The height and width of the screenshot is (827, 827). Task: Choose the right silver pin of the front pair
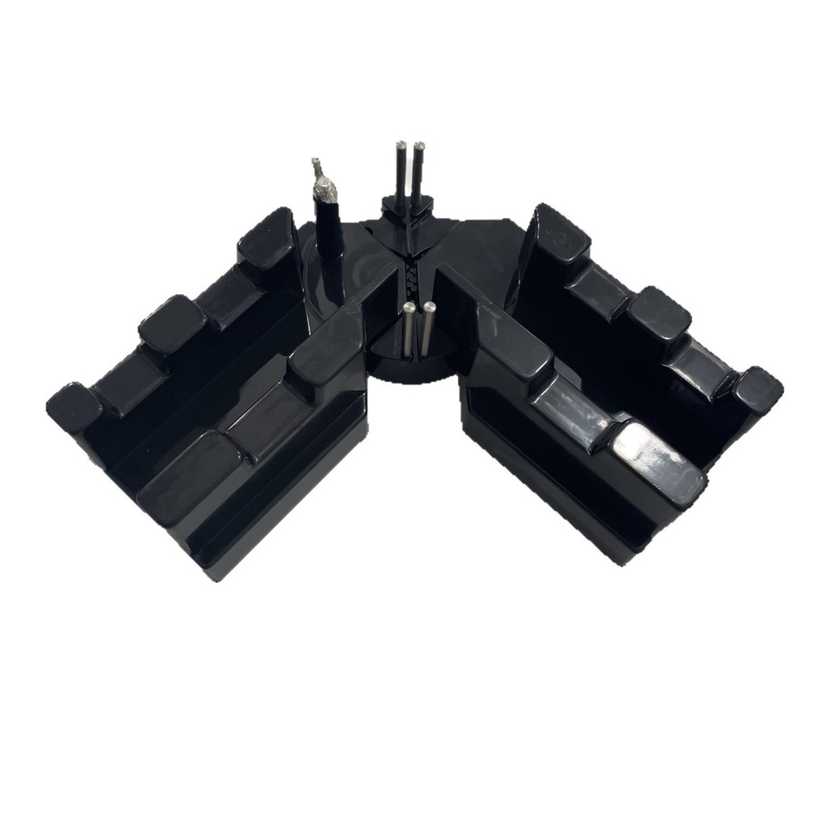[430, 328]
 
